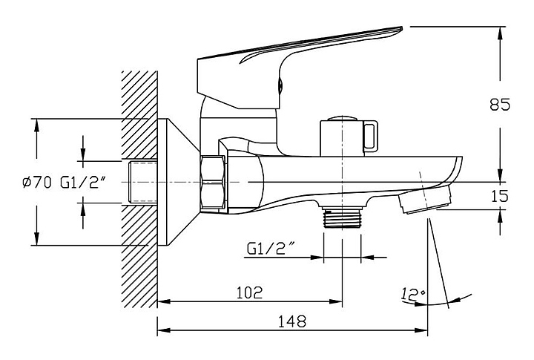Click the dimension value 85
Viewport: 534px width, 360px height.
coord(500,105)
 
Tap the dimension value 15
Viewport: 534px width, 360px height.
coord(500,197)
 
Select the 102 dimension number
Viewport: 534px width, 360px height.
coord(250,292)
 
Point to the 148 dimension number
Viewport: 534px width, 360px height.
coord(292,321)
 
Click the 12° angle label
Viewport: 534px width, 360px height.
coord(413,294)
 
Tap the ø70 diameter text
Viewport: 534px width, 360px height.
coord(37,183)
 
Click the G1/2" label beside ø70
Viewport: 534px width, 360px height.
coord(82,183)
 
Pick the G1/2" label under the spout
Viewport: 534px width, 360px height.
coord(271,249)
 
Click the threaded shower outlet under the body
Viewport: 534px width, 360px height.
coord(342,217)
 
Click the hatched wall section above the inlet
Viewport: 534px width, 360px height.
coord(139,115)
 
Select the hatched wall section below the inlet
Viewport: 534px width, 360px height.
coord(139,255)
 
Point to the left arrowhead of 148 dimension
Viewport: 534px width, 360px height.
coord(164,330)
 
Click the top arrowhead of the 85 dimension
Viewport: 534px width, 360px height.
coord(500,33)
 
